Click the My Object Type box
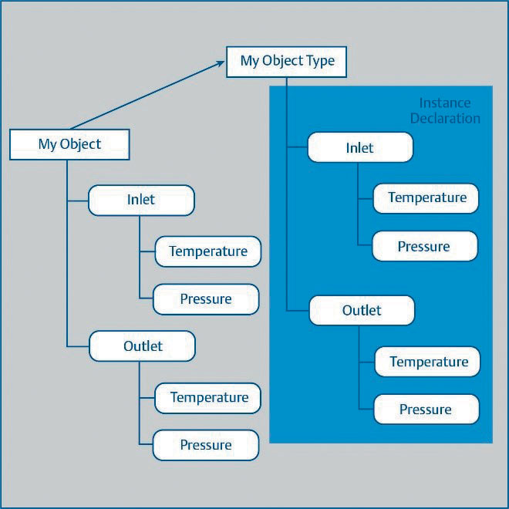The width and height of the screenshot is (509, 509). (x=286, y=62)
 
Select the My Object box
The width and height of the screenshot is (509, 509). (x=69, y=144)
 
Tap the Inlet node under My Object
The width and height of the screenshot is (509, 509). (x=141, y=201)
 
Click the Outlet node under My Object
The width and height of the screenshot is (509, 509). (x=142, y=346)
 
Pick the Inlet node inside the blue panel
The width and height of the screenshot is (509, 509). (x=360, y=147)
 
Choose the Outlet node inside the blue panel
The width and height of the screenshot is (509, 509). (x=362, y=310)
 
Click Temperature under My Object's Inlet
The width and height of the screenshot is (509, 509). (x=207, y=251)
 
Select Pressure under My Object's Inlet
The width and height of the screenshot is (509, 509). (x=206, y=299)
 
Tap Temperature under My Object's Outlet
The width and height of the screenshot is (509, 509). (x=207, y=398)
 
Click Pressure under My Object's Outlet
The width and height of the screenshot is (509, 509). (x=206, y=445)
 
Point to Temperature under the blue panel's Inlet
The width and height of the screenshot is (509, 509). (x=426, y=198)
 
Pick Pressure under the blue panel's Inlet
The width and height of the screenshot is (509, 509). (x=425, y=246)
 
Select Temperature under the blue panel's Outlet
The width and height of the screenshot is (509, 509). (x=427, y=362)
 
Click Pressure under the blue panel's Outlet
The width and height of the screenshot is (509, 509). (x=426, y=409)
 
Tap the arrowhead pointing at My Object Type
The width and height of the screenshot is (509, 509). (x=221, y=63)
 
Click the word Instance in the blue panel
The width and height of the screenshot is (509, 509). (x=445, y=103)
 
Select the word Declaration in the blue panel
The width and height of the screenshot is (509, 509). (x=445, y=118)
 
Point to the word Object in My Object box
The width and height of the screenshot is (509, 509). (x=80, y=144)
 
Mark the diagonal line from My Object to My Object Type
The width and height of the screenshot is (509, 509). (x=148, y=95)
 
